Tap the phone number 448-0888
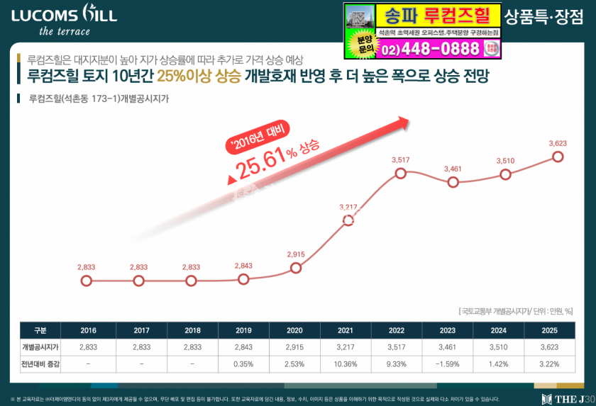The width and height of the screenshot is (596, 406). click(441, 50)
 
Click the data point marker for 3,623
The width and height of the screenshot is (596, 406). click(558, 157)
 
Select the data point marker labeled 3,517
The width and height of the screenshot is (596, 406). click(401, 173)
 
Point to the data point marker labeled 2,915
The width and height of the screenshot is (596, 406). click(296, 268)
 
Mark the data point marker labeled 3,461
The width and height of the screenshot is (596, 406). click(453, 182)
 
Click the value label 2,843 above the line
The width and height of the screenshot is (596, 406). click(243, 266)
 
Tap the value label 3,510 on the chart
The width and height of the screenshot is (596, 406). click(504, 161)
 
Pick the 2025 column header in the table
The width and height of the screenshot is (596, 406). click(548, 330)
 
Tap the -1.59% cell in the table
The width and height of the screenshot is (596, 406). click(448, 363)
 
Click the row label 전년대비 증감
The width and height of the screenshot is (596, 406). click(40, 363)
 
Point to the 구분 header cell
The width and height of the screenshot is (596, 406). click(40, 330)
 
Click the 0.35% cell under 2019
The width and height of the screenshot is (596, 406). click(243, 363)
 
